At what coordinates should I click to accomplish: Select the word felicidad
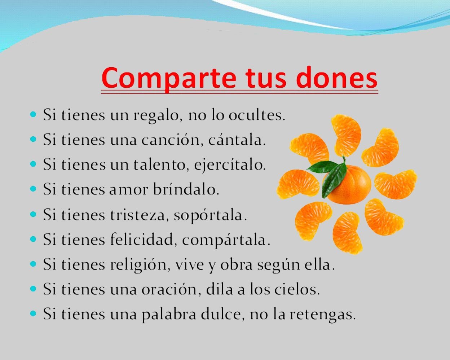(x=143, y=239)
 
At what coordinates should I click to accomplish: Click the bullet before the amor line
(x=34, y=189)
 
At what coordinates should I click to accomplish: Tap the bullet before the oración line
(x=34, y=289)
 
